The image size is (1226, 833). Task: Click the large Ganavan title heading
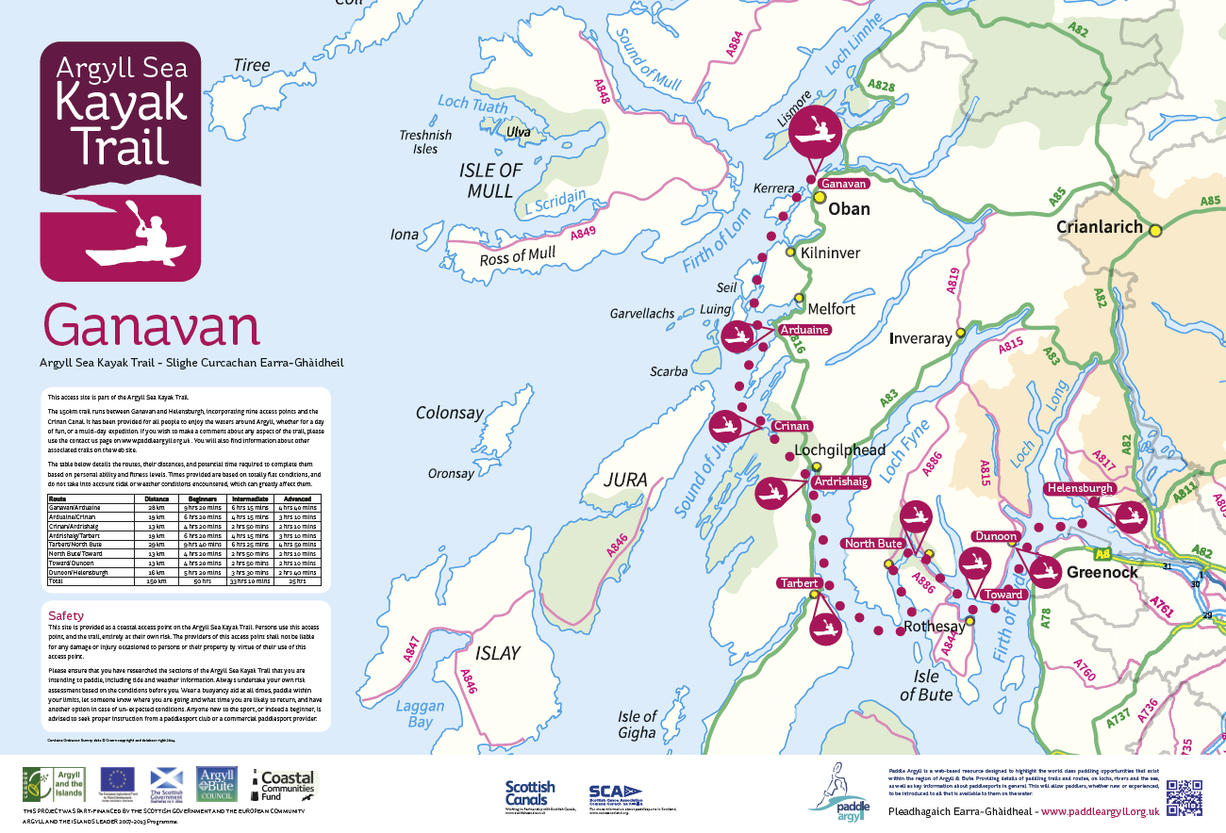point(151,326)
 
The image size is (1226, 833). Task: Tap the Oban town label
point(848,208)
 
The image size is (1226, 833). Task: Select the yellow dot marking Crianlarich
point(1155,229)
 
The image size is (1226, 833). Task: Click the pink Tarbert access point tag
point(798,583)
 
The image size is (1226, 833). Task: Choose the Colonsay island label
point(450,413)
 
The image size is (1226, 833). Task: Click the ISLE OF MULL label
point(489,180)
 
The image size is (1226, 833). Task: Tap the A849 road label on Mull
point(584,237)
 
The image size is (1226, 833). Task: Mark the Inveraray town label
point(922,338)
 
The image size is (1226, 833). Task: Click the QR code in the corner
point(1185,797)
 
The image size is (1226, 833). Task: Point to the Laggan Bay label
point(413,713)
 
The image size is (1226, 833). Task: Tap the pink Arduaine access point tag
point(804,330)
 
